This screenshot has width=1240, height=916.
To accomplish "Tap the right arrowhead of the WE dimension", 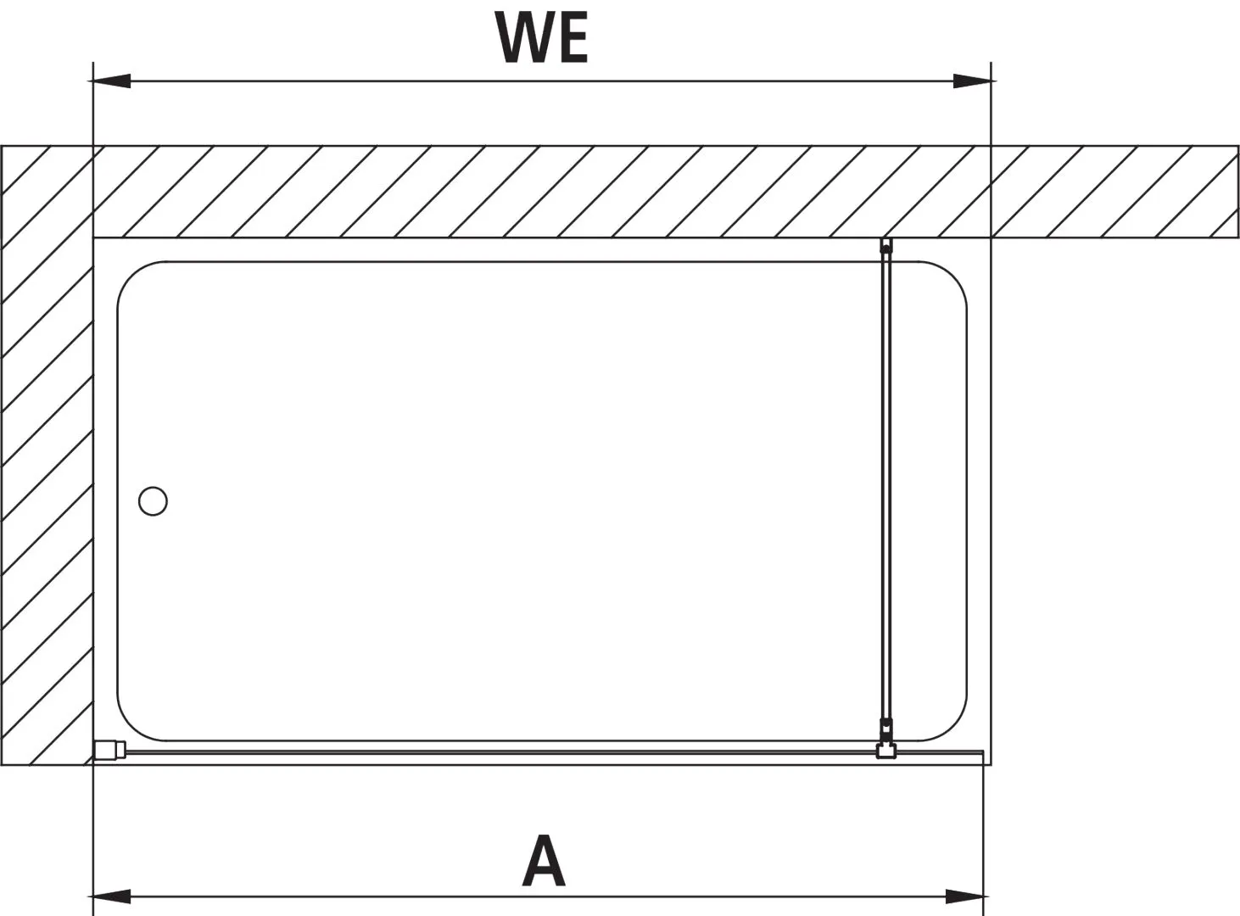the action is tap(974, 81).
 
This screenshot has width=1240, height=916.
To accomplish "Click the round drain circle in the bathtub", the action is tap(153, 500).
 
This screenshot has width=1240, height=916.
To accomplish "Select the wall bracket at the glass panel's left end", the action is tap(109, 751).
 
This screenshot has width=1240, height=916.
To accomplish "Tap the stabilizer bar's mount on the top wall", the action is tap(886, 246).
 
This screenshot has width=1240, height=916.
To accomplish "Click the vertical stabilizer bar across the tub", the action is tap(886, 492).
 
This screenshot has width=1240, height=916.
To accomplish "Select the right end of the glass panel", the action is tap(981, 754).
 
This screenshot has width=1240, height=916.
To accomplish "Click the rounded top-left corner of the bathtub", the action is tap(133, 278).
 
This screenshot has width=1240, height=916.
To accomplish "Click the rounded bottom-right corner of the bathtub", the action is tap(951, 724).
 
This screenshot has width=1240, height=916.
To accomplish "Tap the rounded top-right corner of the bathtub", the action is tap(951, 278).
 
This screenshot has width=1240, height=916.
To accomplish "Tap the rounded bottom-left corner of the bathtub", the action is tap(133, 724).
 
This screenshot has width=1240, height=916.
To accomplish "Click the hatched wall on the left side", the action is tap(47, 455).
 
